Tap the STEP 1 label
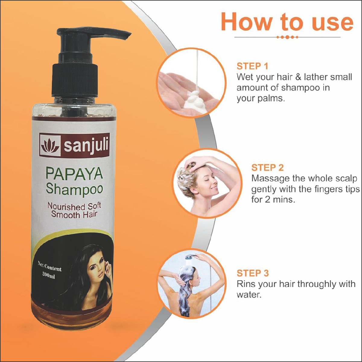(252, 66)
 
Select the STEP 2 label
(267, 168)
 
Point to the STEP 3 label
(253, 273)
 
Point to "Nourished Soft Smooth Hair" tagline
(74, 210)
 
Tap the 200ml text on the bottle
(49, 276)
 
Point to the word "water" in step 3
(249, 295)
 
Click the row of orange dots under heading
(287, 37)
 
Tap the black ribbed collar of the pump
(75, 81)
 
